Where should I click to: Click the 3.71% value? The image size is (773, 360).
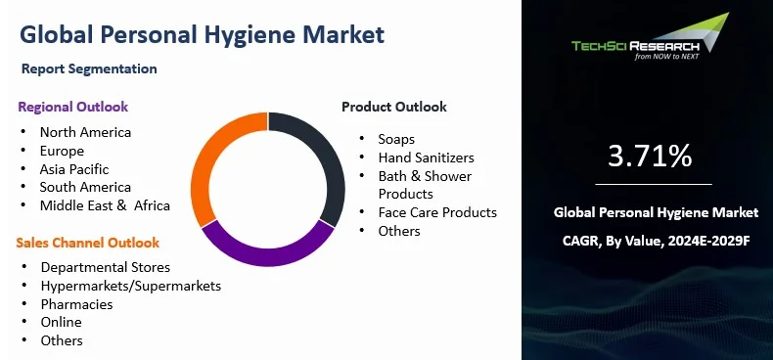pos(650,155)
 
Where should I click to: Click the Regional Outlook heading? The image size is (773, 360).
pos(72,107)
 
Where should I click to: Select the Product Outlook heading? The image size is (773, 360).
pos(393,107)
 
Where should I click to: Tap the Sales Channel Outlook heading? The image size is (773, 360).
pos(87,242)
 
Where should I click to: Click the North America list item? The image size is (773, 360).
pos(85,132)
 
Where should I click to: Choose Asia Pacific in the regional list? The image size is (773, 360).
pos(74,168)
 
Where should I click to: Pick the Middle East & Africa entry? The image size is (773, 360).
pos(105,205)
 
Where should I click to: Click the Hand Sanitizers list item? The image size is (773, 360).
pos(426,157)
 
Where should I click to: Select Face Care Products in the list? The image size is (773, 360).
pos(437,212)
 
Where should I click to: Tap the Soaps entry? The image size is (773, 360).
pos(396,139)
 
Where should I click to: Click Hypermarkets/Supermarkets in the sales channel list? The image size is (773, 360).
pos(130,286)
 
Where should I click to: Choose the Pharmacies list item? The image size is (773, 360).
pos(76,304)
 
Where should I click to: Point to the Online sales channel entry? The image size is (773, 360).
pos(61,322)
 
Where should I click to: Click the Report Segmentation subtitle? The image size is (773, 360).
pos(89,69)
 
